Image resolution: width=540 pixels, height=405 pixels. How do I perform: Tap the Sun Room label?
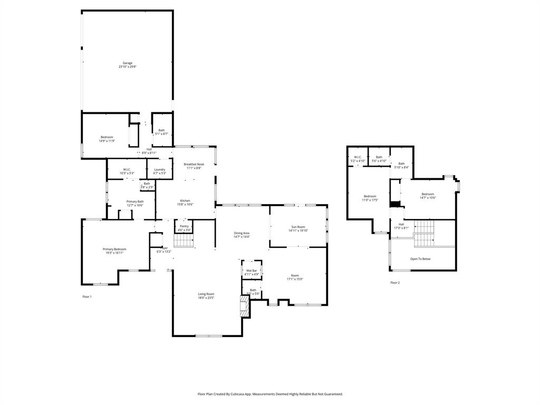tap(298, 227)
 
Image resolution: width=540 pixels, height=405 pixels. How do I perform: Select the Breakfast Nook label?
tap(193, 165)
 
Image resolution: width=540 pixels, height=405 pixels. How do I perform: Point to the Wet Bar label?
tap(252, 271)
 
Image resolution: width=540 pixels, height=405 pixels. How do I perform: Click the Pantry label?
tap(184, 226)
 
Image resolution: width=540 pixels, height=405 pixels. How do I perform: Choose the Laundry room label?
tap(159, 169)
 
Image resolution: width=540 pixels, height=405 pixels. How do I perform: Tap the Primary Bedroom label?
tap(114, 249)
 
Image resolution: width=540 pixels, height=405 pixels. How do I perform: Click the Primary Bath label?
tap(135, 201)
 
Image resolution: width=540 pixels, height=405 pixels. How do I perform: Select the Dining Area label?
tap(242, 233)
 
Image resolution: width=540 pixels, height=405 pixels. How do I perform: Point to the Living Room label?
tap(206, 294)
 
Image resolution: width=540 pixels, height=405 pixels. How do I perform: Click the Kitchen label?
tap(185, 201)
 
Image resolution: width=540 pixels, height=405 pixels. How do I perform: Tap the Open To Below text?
tap(420, 259)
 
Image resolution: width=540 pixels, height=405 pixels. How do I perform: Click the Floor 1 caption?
tap(87, 297)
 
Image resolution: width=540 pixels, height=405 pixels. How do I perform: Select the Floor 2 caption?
tap(395, 283)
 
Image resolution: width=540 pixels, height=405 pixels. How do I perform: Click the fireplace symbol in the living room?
tap(244, 306)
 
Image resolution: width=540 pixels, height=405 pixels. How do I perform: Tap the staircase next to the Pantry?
tap(184, 241)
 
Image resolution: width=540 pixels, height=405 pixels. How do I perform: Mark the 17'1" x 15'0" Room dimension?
tap(295, 279)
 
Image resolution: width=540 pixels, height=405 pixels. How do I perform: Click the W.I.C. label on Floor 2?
tap(357, 157)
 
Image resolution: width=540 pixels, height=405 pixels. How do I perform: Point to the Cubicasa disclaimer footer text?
tap(270, 394)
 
